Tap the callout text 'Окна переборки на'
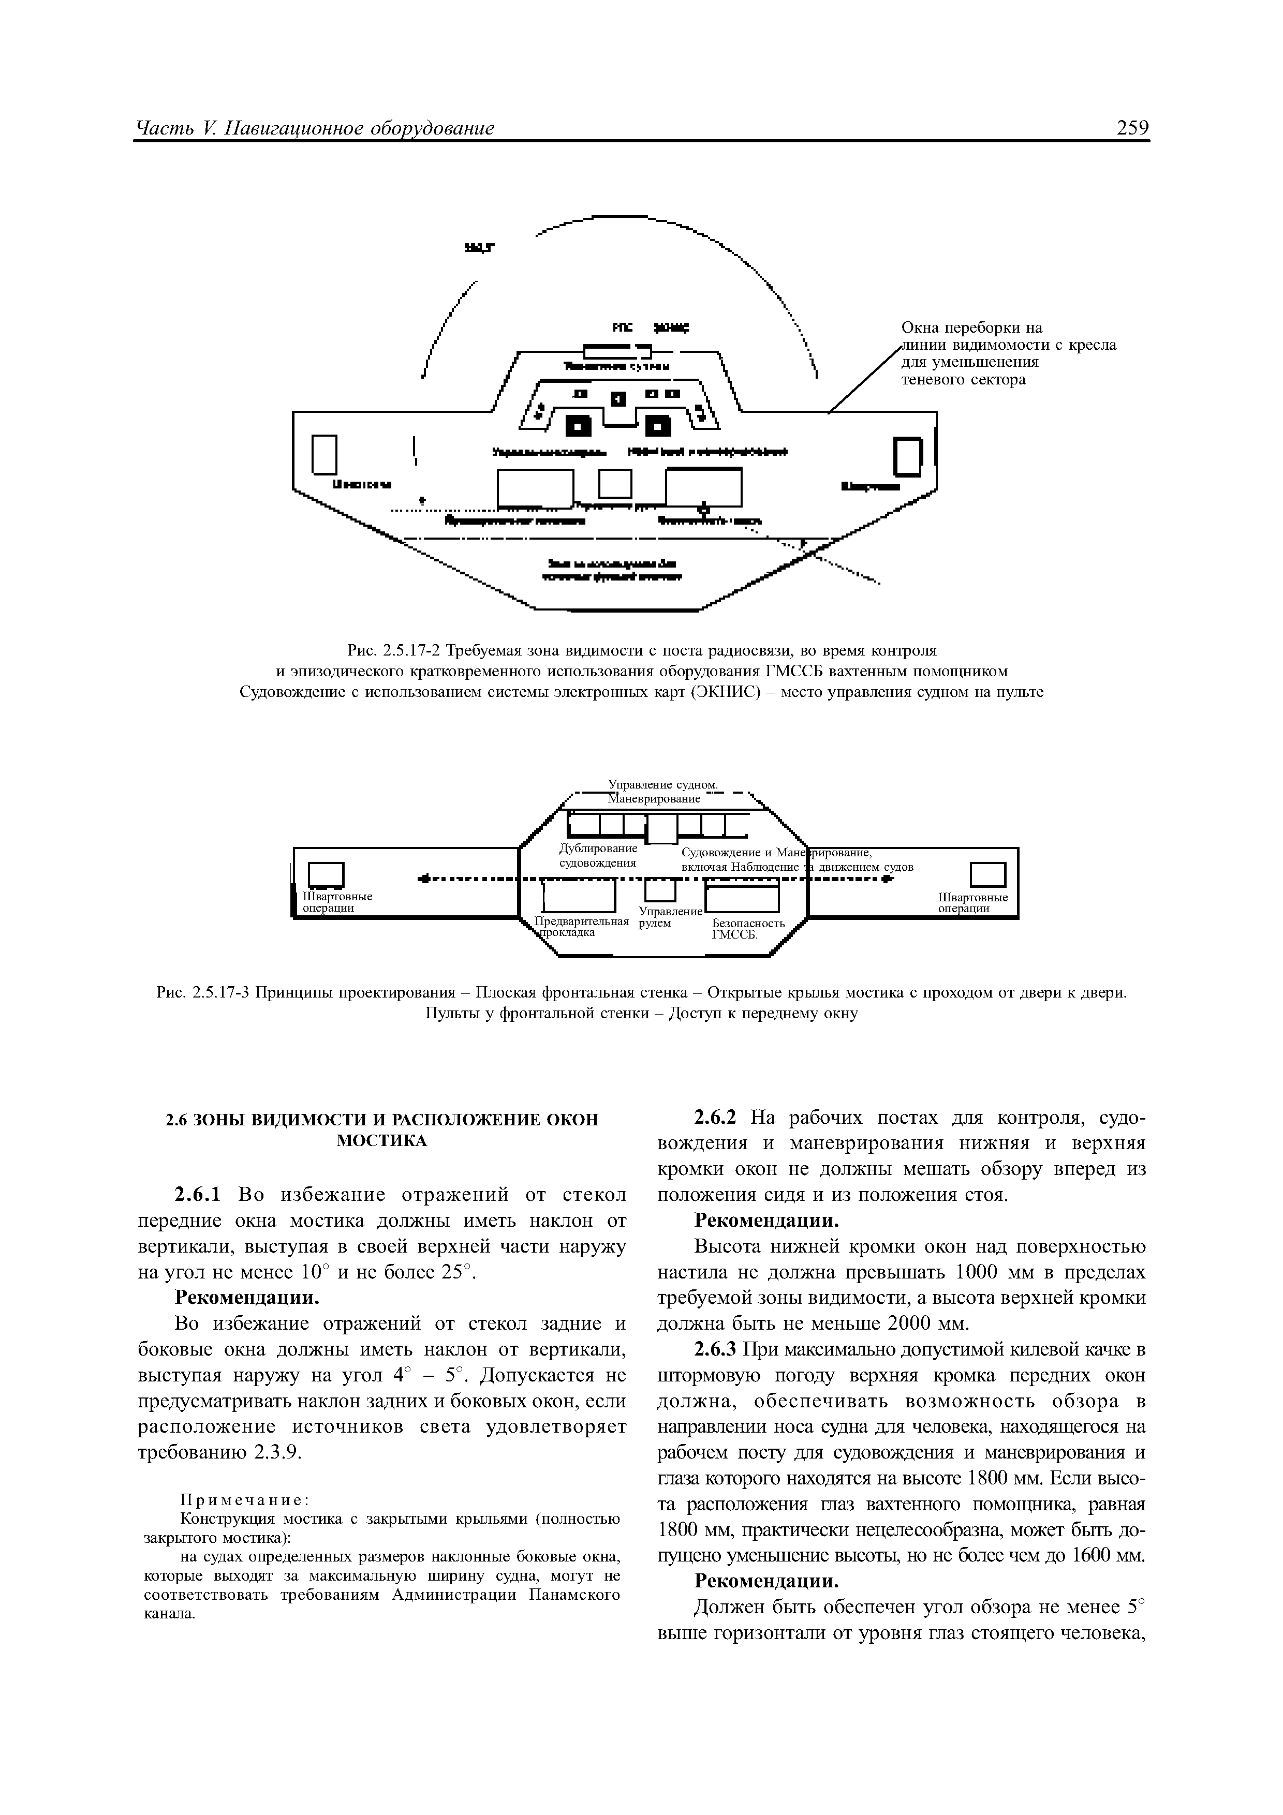coord(971,328)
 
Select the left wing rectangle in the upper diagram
coord(325,455)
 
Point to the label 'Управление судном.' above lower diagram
coord(662,784)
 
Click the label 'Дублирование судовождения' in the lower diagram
coord(598,855)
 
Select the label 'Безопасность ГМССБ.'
coord(748,929)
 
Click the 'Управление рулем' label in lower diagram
coord(670,917)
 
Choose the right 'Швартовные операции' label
coord(972,903)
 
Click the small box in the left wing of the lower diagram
coord(326,874)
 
